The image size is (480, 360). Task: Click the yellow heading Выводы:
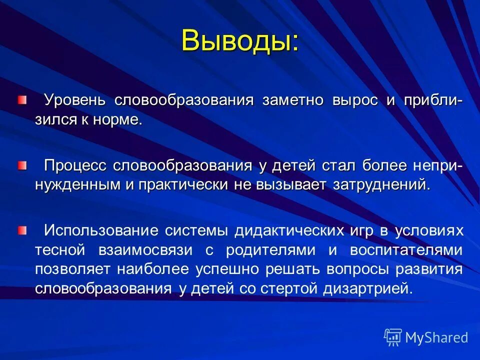point(240,40)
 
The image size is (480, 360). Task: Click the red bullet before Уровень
point(22,100)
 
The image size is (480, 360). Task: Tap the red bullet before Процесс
point(22,165)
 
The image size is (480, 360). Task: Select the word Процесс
point(75,165)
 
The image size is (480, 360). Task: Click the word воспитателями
point(406,249)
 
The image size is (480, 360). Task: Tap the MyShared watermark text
point(436,337)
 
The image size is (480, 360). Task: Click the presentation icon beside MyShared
point(393,337)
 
